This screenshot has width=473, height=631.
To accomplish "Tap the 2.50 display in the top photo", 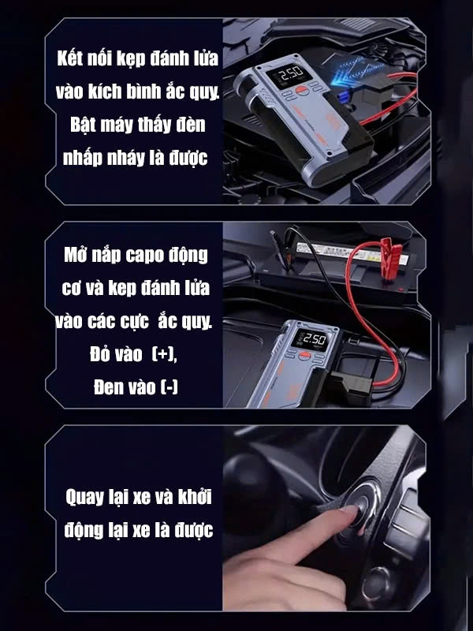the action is pyautogui.click(x=289, y=74).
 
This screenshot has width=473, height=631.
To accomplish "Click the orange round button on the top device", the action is pyautogui.click(x=302, y=91).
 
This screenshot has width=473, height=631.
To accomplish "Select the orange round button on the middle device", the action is pyautogui.click(x=304, y=356).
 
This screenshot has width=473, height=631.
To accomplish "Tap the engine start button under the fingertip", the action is pyautogui.click(x=360, y=504).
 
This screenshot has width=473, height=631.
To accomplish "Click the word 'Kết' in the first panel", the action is pyautogui.click(x=70, y=58).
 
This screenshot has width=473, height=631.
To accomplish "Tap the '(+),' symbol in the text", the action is pyautogui.click(x=165, y=354).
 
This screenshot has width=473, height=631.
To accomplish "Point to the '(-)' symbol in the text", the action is pyautogui.click(x=169, y=387).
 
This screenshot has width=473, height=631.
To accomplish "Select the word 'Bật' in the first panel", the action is pyautogui.click(x=83, y=124).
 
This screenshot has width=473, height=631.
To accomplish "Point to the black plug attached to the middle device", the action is pyautogui.click(x=348, y=387).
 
